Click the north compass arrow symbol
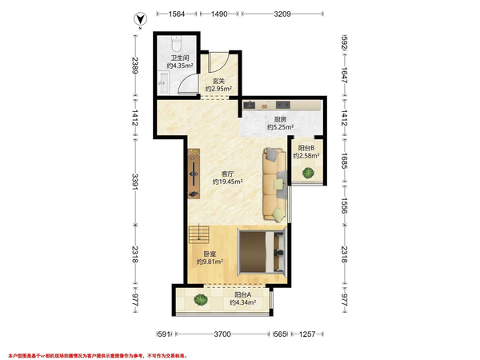pos(140,19)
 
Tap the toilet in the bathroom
pos(176,43)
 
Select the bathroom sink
pos(163,82)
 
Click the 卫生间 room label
pos(180,58)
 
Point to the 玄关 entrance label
pos(218,81)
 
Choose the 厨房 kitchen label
pos(280,119)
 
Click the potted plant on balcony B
pos(308,173)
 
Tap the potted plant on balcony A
pos(201,299)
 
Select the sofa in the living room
pos(274,184)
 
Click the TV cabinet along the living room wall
pos(194,174)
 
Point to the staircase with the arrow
pos(198,234)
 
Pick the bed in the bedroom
pos(261,252)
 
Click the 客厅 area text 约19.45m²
pos(228,182)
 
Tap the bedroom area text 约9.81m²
pos(210,262)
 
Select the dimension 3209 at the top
pos(282,14)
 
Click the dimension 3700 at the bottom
pos(222,334)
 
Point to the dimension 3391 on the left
pos(135,182)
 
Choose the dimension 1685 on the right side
pos(344,161)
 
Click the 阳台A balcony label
pos(242,294)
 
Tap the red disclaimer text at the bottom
pos(98,356)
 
